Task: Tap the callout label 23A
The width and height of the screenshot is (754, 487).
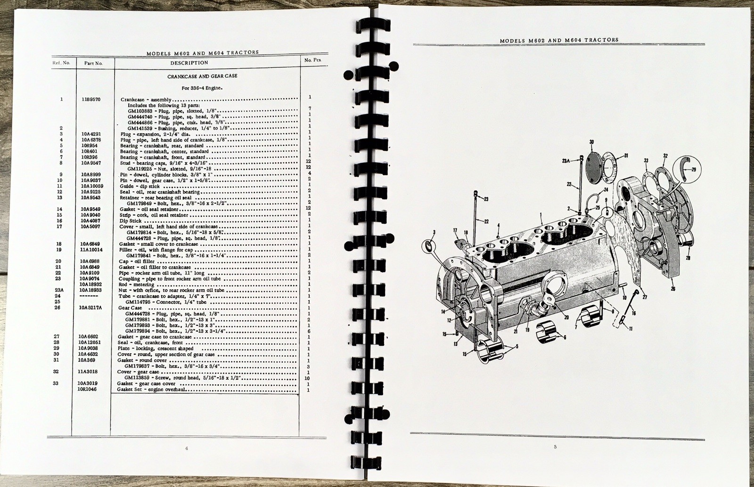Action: [565, 160]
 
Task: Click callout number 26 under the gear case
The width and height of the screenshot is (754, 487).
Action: [672, 289]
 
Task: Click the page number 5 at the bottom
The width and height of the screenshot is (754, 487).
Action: [555, 446]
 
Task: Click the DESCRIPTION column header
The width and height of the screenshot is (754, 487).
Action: [189, 63]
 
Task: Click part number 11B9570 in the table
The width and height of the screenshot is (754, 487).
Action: [90, 99]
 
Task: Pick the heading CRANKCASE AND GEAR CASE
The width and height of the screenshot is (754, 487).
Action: [202, 76]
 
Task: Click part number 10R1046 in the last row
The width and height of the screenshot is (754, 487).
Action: [88, 390]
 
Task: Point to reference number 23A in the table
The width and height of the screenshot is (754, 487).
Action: [59, 290]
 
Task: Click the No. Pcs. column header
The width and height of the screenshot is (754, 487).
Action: [309, 60]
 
